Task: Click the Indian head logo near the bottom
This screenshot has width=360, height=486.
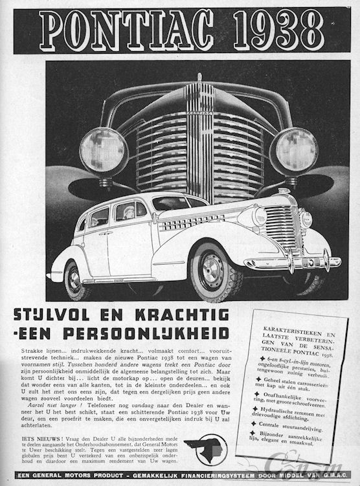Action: pyautogui.click(x=206, y=448)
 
